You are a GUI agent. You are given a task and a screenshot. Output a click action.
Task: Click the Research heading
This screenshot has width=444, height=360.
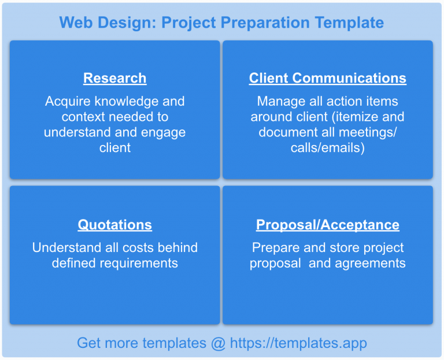(114, 78)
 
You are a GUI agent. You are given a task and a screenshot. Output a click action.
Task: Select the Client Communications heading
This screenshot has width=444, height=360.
(327, 78)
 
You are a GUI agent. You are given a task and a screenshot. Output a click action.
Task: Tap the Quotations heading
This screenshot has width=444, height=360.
(114, 225)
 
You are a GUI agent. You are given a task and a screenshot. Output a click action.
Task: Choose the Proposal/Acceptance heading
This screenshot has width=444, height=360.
(327, 225)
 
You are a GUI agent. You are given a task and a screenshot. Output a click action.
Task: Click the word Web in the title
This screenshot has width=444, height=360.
(73, 23)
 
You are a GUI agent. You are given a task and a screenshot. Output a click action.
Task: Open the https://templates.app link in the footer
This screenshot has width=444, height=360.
(298, 343)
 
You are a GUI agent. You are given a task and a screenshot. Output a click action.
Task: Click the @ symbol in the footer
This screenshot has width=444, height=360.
(218, 343)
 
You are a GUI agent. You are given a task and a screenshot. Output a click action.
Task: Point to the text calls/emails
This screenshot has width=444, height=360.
(327, 149)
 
